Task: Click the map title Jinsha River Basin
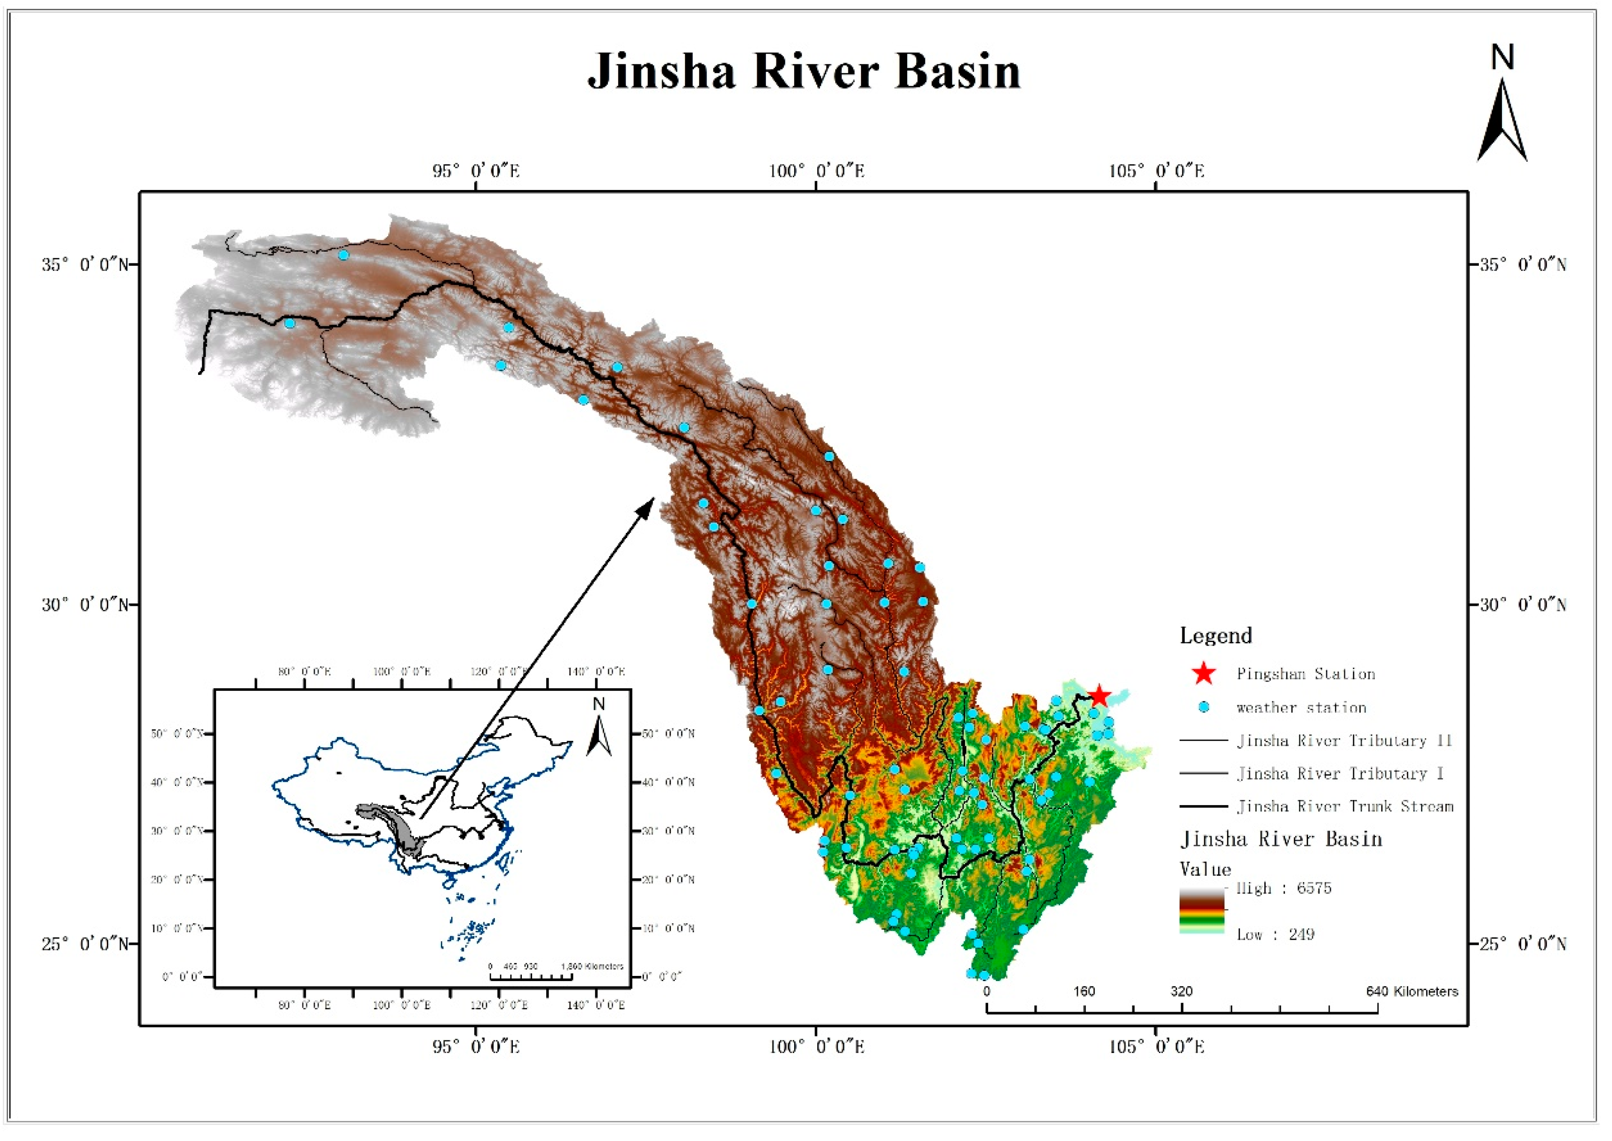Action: [804, 71]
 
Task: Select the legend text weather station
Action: [1301, 707]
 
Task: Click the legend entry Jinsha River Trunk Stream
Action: [1345, 807]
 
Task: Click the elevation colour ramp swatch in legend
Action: [1202, 911]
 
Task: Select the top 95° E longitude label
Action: [476, 171]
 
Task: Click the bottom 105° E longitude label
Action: [1156, 1047]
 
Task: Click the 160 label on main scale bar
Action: [1084, 991]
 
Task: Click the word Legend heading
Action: [1216, 636]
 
